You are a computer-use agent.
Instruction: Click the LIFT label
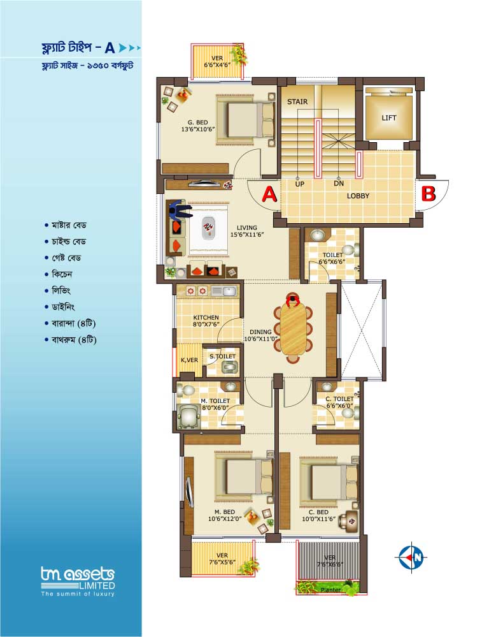pos(389,118)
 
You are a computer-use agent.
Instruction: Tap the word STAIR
pos(297,101)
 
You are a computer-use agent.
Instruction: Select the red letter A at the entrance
pos(269,194)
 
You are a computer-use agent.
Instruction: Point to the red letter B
pos(429,194)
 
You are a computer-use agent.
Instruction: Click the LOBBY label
pos(358,196)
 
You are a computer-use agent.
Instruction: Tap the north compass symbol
pos(412,557)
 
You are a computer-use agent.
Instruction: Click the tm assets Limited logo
pos(78,582)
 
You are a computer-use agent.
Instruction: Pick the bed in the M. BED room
pos(244,476)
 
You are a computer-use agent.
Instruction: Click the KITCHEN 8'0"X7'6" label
pos(206,321)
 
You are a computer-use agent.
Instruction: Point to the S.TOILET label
pos(222,356)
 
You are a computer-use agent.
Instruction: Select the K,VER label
pos(190,360)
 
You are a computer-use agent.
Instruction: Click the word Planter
pos(330,589)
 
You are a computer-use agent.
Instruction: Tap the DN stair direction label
pos(339,184)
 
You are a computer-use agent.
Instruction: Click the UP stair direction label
pos(299,184)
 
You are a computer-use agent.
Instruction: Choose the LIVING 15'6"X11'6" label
pos(247,231)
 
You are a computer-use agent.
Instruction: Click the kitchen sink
pos(229,291)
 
